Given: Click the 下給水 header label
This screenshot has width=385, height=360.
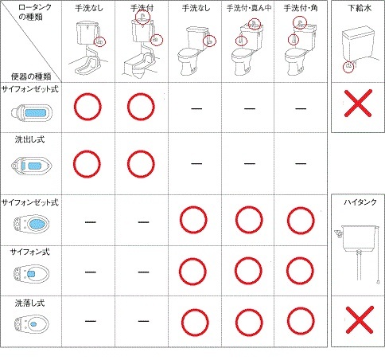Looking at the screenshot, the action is (x=360, y=8).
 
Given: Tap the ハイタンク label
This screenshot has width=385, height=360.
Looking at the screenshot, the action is (x=360, y=202).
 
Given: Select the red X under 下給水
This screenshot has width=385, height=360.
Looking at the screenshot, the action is (x=358, y=104).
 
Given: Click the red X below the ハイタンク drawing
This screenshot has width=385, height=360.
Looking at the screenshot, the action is (x=360, y=320).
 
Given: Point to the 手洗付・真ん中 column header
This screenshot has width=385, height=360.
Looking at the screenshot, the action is (x=249, y=8).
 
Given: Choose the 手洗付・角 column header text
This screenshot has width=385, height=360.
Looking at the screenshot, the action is (x=301, y=8).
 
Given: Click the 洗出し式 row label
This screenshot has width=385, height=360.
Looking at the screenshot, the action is (x=29, y=139).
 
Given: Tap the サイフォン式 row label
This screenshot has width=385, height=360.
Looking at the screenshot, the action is (x=29, y=252).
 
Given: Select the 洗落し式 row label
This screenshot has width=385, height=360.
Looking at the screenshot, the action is (x=29, y=303).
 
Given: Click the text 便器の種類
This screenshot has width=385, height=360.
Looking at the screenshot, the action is (x=31, y=76).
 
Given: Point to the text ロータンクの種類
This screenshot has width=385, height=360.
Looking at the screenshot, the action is (x=34, y=12).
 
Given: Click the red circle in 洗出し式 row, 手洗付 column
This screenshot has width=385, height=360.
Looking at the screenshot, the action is (x=141, y=164).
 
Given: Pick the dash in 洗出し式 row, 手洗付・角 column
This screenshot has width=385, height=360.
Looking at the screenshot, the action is (x=301, y=163).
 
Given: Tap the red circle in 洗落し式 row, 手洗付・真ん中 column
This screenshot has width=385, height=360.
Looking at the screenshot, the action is (x=249, y=323).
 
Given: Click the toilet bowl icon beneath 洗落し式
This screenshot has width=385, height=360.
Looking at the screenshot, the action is (x=32, y=323).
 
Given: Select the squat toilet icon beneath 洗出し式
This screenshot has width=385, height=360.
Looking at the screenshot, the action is (x=31, y=166).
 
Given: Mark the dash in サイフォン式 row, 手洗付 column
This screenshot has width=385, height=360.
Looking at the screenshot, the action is (x=143, y=272).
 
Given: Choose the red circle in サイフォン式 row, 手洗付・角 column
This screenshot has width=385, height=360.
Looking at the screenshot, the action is (x=300, y=271).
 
